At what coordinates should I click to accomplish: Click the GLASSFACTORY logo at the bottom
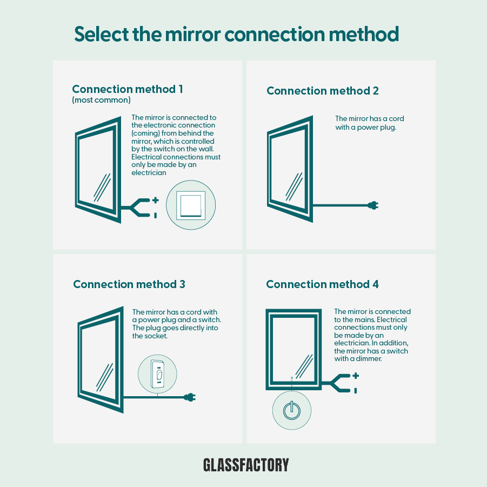click(246, 465)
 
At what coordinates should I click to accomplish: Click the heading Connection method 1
click(127, 89)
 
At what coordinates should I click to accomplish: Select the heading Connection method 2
click(322, 91)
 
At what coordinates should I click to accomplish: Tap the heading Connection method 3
click(129, 284)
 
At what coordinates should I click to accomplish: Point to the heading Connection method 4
click(322, 284)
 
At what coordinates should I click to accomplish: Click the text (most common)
click(101, 101)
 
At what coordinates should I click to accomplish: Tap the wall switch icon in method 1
click(191, 205)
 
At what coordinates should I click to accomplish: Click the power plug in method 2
click(373, 205)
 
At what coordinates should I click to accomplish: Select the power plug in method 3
click(190, 397)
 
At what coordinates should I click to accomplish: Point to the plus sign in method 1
click(156, 200)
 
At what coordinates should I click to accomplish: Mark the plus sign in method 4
click(355, 376)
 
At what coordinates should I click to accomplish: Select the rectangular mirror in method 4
click(292, 349)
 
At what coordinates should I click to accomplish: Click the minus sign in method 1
click(156, 215)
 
